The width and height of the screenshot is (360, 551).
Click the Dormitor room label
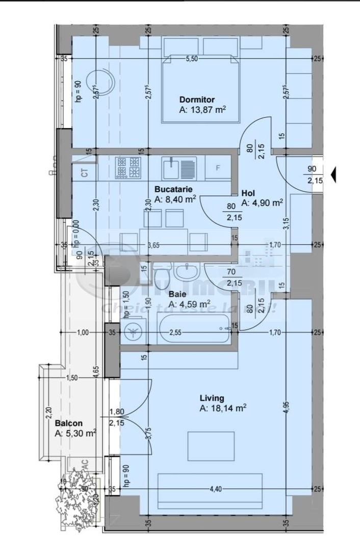pyautogui.click(x=197, y=99)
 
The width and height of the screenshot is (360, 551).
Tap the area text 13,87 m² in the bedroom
pyautogui.click(x=202, y=110)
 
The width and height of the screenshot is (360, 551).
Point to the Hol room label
pyautogui.click(x=248, y=193)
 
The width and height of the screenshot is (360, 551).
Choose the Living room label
pyautogui.click(x=212, y=398)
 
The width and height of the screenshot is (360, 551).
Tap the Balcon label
pyautogui.click(x=68, y=423)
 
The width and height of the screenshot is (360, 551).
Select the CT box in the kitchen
pyautogui.click(x=85, y=173)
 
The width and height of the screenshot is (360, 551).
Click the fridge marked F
pyautogui.click(x=218, y=168)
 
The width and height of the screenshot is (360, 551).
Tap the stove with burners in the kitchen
pyautogui.click(x=128, y=167)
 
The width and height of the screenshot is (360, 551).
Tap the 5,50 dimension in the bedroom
pyautogui.click(x=192, y=59)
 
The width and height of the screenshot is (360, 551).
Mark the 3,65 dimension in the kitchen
pyautogui.click(x=153, y=245)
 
